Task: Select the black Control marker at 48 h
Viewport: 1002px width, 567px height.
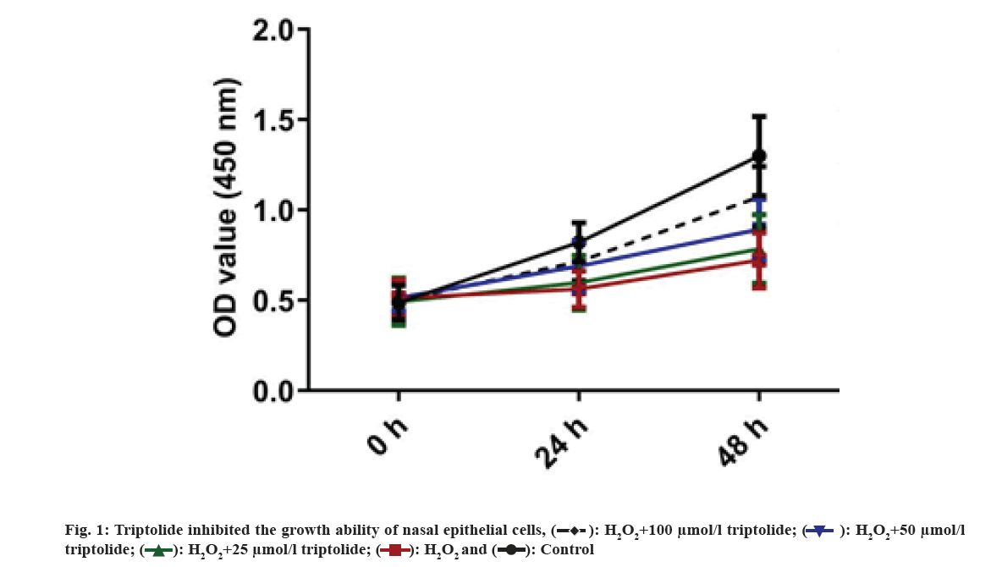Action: tap(759, 156)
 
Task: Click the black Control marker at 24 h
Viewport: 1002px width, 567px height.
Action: tap(579, 242)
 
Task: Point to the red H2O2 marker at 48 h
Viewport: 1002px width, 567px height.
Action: tap(759, 259)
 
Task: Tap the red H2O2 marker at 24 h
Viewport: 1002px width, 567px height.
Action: tap(579, 289)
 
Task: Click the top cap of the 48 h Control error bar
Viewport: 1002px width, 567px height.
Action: tap(759, 117)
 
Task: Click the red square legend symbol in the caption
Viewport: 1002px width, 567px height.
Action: tap(394, 551)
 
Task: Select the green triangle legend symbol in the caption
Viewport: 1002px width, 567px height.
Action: tap(157, 551)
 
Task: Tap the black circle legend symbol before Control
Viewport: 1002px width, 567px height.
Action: tap(511, 551)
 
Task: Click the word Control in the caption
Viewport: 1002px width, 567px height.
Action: tap(570, 550)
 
